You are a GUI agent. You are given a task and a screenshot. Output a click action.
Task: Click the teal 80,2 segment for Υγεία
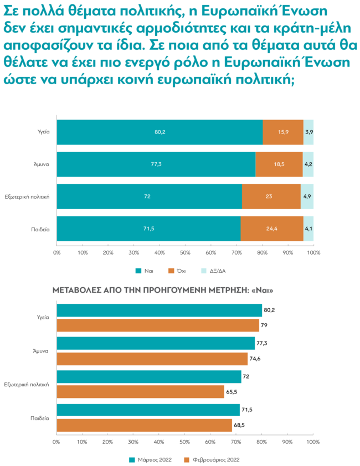pos(160,132)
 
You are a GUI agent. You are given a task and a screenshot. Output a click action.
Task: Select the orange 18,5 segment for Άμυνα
pos(279,164)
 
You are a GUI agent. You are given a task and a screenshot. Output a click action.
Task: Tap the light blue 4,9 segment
pos(308,196)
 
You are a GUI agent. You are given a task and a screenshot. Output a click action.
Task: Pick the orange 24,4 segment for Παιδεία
pos(272,229)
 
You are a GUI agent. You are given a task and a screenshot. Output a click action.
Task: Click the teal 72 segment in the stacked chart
pos(149,196)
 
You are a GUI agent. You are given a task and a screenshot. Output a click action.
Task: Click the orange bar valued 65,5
pos(141,392)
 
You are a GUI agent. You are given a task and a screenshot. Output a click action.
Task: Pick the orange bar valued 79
pos(158,325)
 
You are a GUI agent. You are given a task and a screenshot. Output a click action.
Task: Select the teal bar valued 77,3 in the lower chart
pos(156,344)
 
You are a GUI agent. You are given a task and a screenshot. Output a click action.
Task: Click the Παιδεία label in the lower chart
pos(40,418)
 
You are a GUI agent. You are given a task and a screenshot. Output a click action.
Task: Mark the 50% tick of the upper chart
pos(185,252)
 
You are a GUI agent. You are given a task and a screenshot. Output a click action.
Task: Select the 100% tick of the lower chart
pos(313,442)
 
